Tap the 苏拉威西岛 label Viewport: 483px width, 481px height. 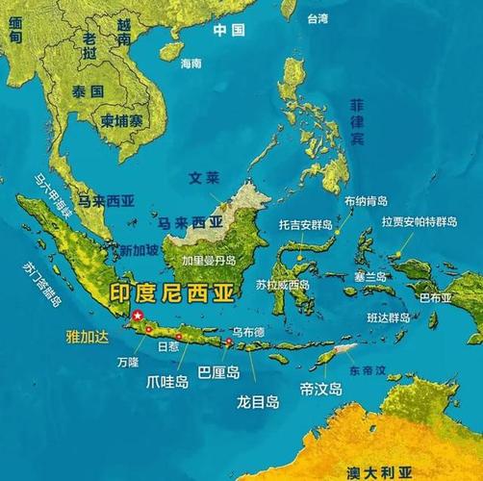coord(283,285)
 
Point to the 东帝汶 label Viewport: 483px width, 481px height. coord(367,369)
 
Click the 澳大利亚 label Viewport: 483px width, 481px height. coord(380,472)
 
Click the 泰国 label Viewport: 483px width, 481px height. coord(87,89)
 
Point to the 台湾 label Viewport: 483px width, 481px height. coord(318,17)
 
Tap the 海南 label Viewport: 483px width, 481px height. coord(191,63)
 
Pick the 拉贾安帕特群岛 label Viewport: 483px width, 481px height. coord(418,221)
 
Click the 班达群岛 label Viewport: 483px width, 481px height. coord(390,316)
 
